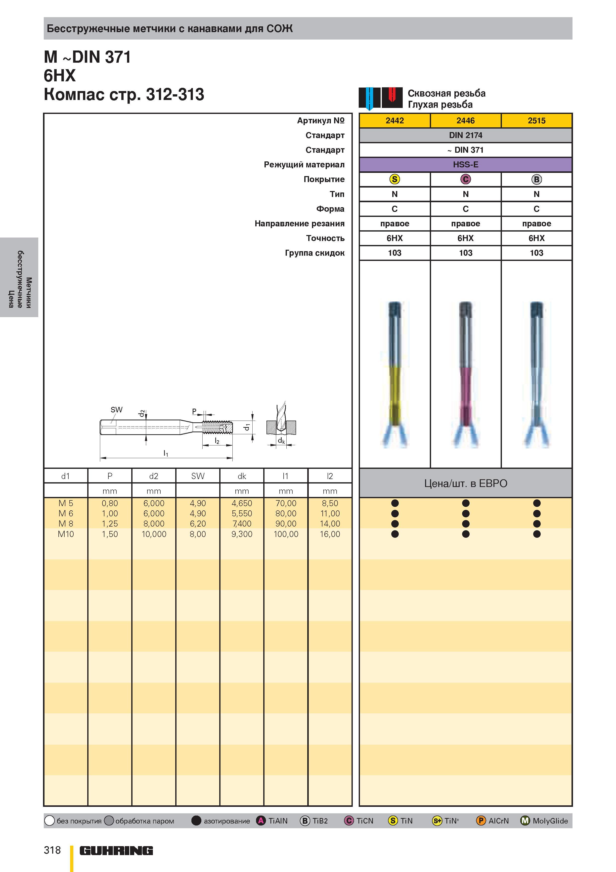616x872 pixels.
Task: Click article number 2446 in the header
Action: click(x=465, y=120)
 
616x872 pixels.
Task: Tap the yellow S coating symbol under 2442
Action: click(x=395, y=179)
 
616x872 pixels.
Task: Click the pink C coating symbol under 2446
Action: click(x=466, y=179)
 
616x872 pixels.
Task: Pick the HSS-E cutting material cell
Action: click(x=465, y=164)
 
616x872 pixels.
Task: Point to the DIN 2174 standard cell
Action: click(x=465, y=135)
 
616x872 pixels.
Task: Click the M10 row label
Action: click(x=66, y=534)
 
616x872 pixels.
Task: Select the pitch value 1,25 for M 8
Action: click(x=110, y=524)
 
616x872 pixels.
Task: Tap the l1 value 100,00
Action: click(x=286, y=534)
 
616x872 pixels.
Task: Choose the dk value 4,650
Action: click(x=242, y=503)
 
